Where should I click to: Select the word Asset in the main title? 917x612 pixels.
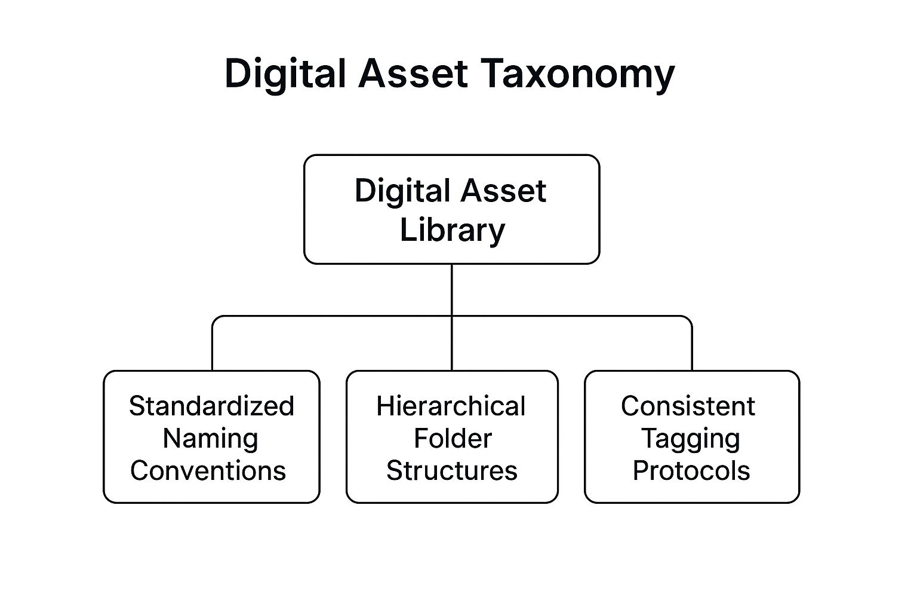click(x=413, y=74)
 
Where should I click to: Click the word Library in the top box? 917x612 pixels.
click(x=453, y=231)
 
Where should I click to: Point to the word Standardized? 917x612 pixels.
click(x=212, y=406)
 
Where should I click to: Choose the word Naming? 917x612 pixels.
click(x=210, y=440)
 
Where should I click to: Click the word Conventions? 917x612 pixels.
click(x=208, y=470)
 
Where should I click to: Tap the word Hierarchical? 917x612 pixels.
click(x=451, y=406)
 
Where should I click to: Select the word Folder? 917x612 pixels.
click(x=453, y=439)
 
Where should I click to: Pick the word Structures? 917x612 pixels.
click(x=452, y=470)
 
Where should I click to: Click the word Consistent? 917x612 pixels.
click(x=688, y=406)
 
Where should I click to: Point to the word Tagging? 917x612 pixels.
click(x=691, y=440)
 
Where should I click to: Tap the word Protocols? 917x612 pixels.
click(x=691, y=470)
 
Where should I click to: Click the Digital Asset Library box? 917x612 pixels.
click(x=452, y=209)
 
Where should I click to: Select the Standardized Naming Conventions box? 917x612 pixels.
click(x=212, y=437)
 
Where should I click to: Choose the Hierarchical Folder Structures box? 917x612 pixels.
click(x=452, y=437)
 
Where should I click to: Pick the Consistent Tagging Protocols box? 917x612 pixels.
click(x=692, y=437)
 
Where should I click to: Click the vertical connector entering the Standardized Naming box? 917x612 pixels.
click(x=213, y=347)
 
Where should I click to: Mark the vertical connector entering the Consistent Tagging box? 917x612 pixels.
click(x=692, y=347)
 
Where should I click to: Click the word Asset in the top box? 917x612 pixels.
click(x=503, y=191)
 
